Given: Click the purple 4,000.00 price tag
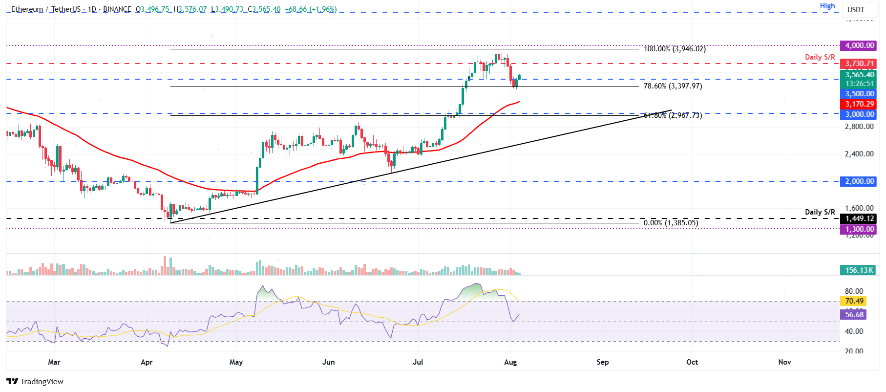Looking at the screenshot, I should coord(859,45).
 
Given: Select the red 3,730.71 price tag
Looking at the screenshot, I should coord(859,64).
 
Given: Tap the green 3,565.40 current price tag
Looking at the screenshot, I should coord(859,75).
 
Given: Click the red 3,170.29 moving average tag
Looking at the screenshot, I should coord(859,104).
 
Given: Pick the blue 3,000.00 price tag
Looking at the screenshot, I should coord(859,114).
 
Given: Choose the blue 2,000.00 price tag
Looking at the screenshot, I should coord(859,181).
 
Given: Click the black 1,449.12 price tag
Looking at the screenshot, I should coord(859,218).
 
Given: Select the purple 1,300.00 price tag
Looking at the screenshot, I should coord(859,229).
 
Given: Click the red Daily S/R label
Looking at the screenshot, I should coord(820,57).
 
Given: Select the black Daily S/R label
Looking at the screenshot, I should coord(820,212).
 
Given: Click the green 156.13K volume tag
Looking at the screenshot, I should coord(859,270).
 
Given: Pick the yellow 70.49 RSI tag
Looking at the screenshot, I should coord(854,301).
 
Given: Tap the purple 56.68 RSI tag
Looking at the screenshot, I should coord(854,315).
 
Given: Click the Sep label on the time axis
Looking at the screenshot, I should coord(602,362).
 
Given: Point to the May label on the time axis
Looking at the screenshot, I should coord(236,362).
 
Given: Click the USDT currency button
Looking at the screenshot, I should coord(856,9).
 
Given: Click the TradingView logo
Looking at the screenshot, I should coord(35,382).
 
